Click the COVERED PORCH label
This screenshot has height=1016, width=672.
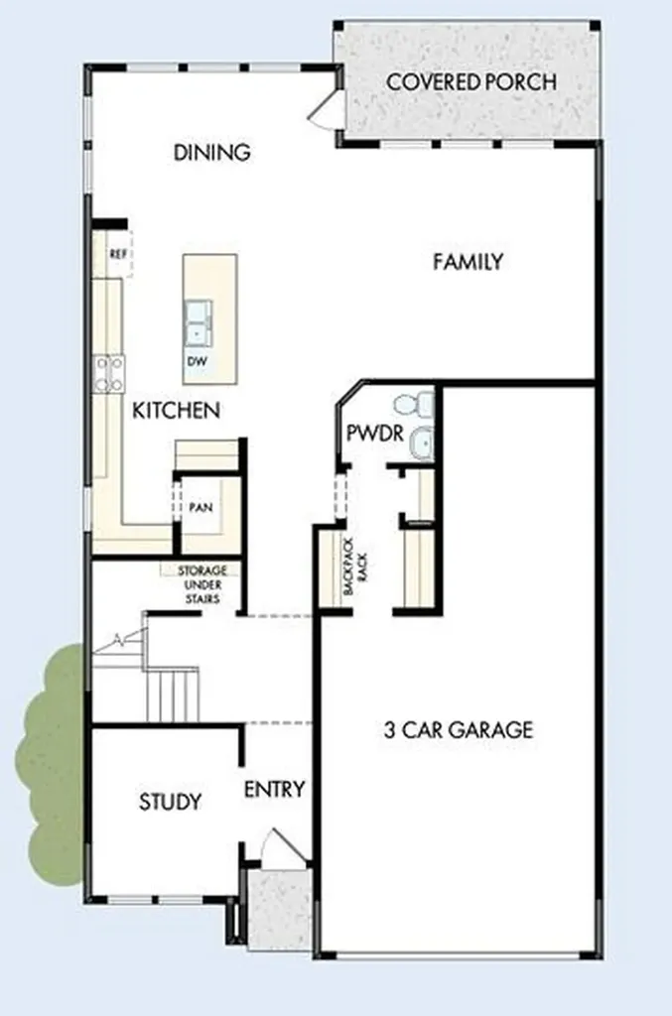[x=471, y=82]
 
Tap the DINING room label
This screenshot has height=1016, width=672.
[x=211, y=152]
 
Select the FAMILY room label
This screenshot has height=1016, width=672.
[x=468, y=262]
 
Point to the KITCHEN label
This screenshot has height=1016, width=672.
[x=177, y=410]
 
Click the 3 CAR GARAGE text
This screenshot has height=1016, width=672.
[x=459, y=729]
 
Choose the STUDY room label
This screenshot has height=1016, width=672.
[x=171, y=802]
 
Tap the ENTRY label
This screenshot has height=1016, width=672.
[x=275, y=789]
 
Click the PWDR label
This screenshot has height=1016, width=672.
[x=375, y=433]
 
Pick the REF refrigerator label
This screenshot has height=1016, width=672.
[x=118, y=254]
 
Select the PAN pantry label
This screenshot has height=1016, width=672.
[x=201, y=507]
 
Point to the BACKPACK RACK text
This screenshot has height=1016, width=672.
[x=355, y=574]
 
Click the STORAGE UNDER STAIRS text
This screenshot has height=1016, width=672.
[x=202, y=584]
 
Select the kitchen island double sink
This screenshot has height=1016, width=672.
[x=198, y=322]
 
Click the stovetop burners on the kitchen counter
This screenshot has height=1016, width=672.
[x=109, y=374]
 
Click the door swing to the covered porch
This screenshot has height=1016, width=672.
[x=324, y=107]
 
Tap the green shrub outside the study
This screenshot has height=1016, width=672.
[x=51, y=765]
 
